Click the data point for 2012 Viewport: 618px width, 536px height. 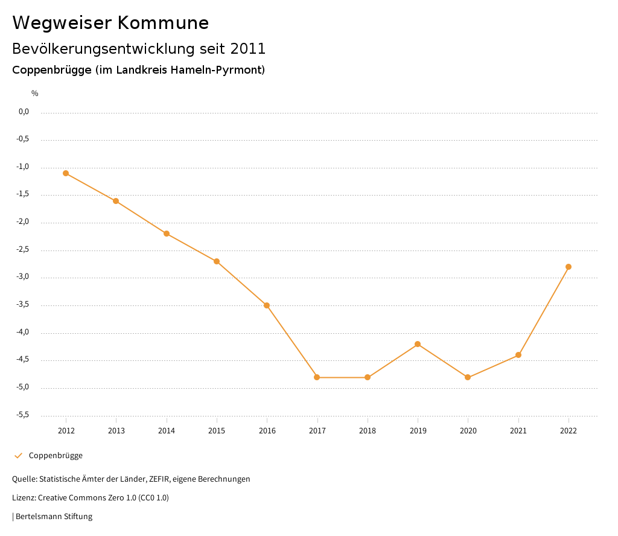click(x=66, y=173)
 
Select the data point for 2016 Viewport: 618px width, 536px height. click(x=267, y=305)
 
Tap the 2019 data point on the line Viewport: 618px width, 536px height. click(x=418, y=344)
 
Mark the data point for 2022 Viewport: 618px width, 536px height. click(x=569, y=267)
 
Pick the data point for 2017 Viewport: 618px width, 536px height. click(x=317, y=377)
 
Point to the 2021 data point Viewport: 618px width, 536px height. click(x=518, y=355)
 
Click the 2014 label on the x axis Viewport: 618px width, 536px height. click(x=167, y=431)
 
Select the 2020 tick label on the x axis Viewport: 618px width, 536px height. click(x=468, y=431)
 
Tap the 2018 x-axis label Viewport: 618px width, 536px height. click(x=368, y=431)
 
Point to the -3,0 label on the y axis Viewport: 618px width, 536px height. click(x=24, y=278)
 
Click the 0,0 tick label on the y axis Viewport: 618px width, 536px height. click(x=24, y=112)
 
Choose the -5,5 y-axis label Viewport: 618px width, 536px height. click(x=24, y=415)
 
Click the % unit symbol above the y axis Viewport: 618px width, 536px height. click(x=35, y=94)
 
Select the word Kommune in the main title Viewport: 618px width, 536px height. click(x=163, y=23)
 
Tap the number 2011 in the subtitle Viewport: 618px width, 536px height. click(x=248, y=48)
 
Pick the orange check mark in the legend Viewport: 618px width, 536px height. click(x=18, y=456)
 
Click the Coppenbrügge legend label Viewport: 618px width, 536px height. click(x=56, y=456)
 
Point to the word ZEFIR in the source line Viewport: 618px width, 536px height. click(x=158, y=479)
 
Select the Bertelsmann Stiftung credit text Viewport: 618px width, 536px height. click(x=54, y=517)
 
